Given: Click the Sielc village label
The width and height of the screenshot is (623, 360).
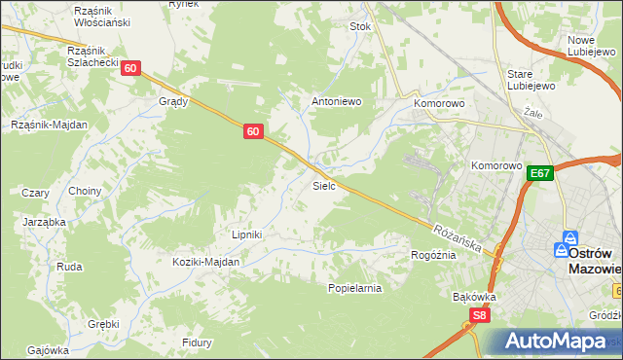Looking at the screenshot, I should pyautogui.click(x=324, y=185).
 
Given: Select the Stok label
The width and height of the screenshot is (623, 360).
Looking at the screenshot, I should pyautogui.click(x=360, y=27).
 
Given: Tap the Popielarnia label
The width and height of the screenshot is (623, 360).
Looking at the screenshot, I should pyautogui.click(x=354, y=288).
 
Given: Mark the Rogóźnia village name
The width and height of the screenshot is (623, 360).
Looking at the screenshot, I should pyautogui.click(x=434, y=254).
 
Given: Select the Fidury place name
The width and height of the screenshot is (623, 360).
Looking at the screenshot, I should pyautogui.click(x=197, y=342).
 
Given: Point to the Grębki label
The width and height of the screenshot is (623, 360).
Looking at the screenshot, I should pyautogui.click(x=102, y=324).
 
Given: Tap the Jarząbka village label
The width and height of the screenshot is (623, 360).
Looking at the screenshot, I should pyautogui.click(x=44, y=222).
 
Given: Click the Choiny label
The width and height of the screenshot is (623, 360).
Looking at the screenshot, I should pyautogui.click(x=85, y=191).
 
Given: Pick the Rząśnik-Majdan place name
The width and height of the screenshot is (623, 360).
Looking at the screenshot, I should pyautogui.click(x=49, y=125).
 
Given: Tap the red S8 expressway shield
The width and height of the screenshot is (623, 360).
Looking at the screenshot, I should pyautogui.click(x=478, y=315).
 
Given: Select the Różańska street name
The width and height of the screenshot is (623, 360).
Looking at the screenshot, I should pyautogui.click(x=457, y=236).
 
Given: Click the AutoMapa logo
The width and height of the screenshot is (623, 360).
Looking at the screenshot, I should pyautogui.click(x=552, y=341).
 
